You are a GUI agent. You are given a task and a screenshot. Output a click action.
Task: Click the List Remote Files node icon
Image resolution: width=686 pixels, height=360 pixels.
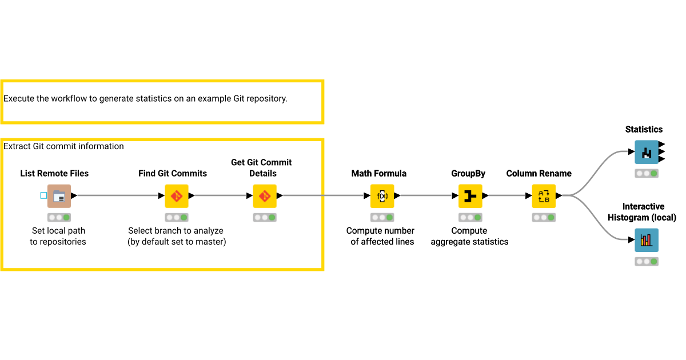pyautogui.click(x=59, y=196)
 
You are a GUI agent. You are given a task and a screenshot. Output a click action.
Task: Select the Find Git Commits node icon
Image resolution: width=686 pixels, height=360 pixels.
pyautogui.click(x=177, y=196)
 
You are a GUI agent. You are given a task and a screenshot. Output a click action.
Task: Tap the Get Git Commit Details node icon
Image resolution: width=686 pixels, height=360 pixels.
pyautogui.click(x=265, y=196)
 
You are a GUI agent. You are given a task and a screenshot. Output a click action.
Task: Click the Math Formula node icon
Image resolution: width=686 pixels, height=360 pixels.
pyautogui.click(x=382, y=196)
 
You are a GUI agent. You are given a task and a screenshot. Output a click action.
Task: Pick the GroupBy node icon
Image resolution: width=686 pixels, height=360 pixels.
pyautogui.click(x=470, y=196)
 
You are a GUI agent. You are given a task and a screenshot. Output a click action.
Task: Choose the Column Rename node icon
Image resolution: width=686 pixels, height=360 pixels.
pyautogui.click(x=544, y=196)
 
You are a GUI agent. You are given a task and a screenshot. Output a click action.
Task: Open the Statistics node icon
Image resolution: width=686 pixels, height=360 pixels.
pyautogui.click(x=647, y=152)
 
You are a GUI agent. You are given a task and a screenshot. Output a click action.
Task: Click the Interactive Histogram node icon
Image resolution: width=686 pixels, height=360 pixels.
pyautogui.click(x=647, y=240)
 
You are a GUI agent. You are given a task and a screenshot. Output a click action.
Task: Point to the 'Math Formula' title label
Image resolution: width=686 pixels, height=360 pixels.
pyautogui.click(x=379, y=174)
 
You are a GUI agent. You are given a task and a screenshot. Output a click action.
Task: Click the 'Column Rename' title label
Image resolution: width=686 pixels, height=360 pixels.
pyautogui.click(x=539, y=174)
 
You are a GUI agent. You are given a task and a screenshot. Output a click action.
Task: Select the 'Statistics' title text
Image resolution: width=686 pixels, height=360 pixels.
pyautogui.click(x=644, y=130)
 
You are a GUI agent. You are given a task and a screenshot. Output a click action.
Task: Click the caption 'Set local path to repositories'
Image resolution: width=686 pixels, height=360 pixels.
pyautogui.click(x=58, y=236)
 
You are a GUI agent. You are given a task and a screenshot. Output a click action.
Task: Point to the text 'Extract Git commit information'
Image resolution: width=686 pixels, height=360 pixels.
pyautogui.click(x=63, y=146)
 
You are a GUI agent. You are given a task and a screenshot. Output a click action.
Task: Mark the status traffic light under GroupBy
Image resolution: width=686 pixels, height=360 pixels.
pyautogui.click(x=470, y=218)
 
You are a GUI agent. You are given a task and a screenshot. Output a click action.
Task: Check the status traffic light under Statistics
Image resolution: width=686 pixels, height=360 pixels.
pyautogui.click(x=647, y=173)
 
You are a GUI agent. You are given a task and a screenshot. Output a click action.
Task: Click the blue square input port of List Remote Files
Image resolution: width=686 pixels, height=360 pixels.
pyautogui.click(x=44, y=195)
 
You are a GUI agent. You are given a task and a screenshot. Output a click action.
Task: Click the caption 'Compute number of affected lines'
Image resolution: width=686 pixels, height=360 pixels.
pyautogui.click(x=380, y=236)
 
